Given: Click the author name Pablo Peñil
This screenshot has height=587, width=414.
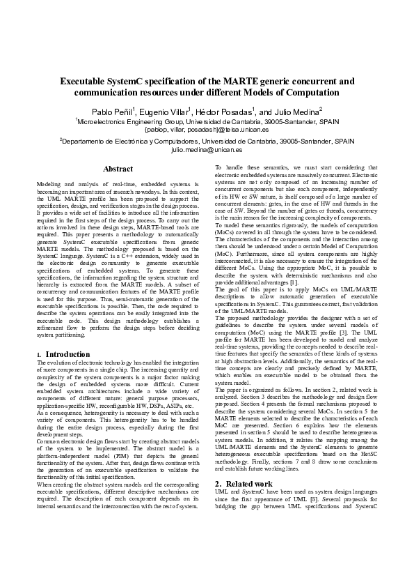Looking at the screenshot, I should click(112, 112).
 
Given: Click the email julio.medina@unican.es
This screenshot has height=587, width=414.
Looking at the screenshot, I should click(207, 150).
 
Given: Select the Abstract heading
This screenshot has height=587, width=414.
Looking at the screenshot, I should click(118, 169).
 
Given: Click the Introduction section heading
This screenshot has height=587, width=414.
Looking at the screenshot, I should click(67, 354).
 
